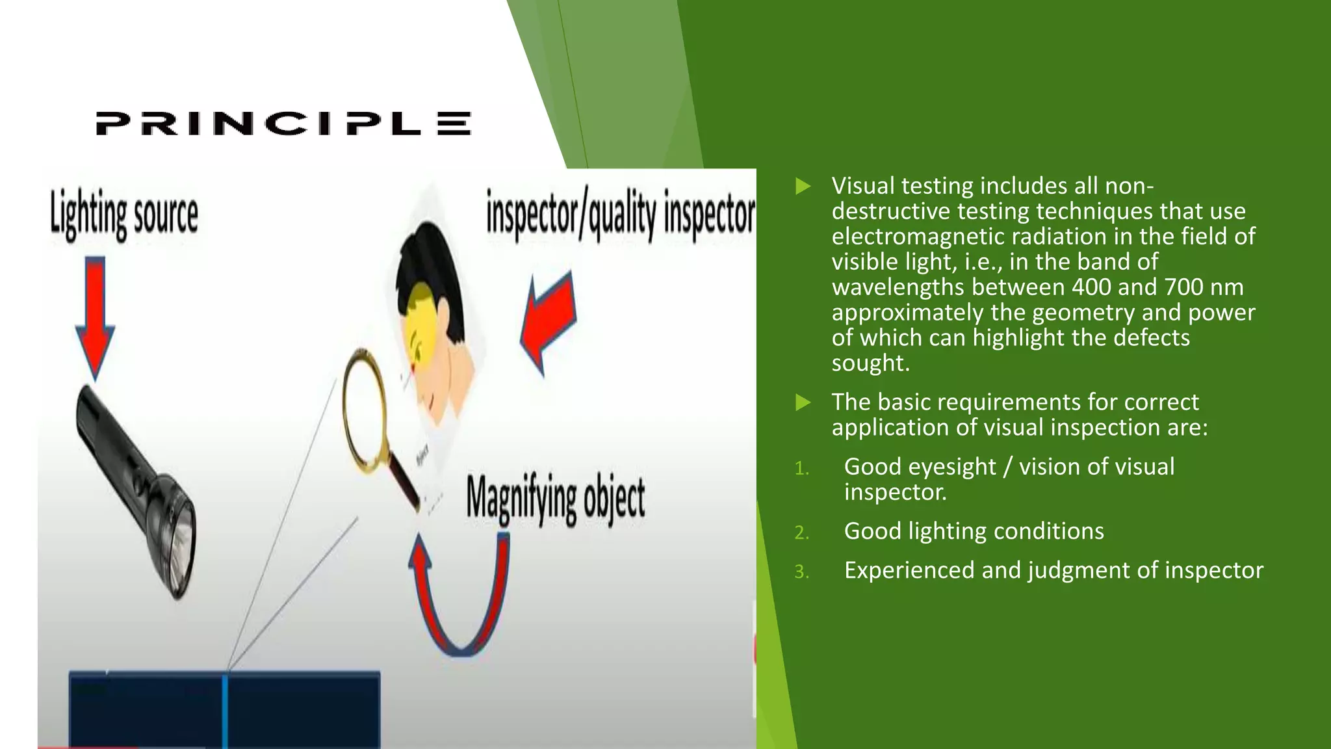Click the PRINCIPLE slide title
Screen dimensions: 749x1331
[x=283, y=124]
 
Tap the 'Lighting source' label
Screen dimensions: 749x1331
[x=124, y=215]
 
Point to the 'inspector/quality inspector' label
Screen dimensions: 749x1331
[x=621, y=215]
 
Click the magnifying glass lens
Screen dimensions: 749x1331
[x=364, y=410]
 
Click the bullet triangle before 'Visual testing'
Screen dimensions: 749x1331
[x=803, y=187]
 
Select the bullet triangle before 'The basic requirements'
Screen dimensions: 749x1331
[x=803, y=402]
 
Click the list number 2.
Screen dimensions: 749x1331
[x=801, y=532]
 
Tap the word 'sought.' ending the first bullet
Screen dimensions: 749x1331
[x=870, y=363]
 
